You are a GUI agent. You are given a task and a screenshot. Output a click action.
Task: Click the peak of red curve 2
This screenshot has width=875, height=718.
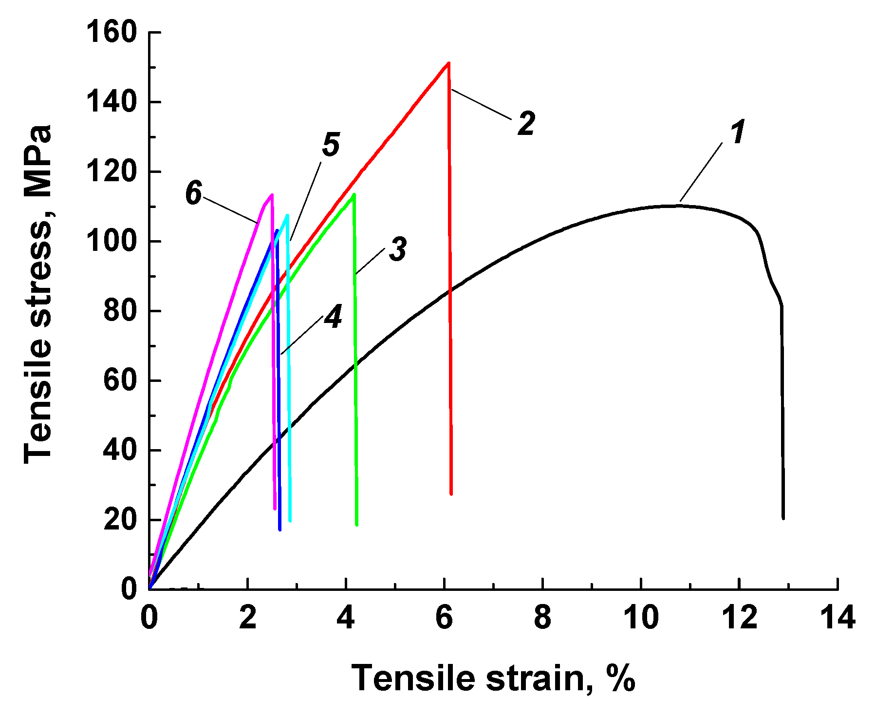[x=448, y=63]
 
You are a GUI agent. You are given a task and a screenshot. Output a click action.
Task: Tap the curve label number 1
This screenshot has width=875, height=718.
[x=738, y=132]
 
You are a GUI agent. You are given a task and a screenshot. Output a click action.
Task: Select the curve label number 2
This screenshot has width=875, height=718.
[x=526, y=123]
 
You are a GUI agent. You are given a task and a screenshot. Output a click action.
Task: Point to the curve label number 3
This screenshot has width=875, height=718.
[x=398, y=249]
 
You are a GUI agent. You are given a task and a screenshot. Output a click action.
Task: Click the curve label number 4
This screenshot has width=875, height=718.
[x=334, y=317]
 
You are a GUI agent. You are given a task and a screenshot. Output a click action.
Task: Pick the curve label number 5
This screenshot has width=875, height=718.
[x=331, y=145]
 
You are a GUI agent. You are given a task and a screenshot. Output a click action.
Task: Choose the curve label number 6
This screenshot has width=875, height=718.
[x=193, y=193]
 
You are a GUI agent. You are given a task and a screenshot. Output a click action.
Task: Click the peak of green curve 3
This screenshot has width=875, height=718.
[x=354, y=194]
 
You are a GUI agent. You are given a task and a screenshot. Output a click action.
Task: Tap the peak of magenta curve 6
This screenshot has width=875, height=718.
[x=272, y=195]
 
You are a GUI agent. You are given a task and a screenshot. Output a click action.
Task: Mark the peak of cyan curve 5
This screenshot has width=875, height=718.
[x=287, y=215]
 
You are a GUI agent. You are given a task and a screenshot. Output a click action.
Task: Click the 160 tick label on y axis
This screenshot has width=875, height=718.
[x=112, y=33]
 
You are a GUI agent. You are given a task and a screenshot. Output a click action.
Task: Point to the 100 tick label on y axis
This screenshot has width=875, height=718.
[x=112, y=242]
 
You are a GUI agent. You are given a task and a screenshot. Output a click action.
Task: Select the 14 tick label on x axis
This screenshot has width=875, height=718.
[x=838, y=618]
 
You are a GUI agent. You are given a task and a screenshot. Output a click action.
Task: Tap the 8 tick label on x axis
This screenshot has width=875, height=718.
[x=542, y=618]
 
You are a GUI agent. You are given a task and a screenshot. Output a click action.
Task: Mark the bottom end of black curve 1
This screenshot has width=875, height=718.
[x=783, y=518]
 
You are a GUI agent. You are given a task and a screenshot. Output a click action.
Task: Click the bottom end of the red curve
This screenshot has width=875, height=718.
[x=451, y=494]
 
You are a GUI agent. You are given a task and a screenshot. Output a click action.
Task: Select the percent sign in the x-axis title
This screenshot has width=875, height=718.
[x=621, y=678]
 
